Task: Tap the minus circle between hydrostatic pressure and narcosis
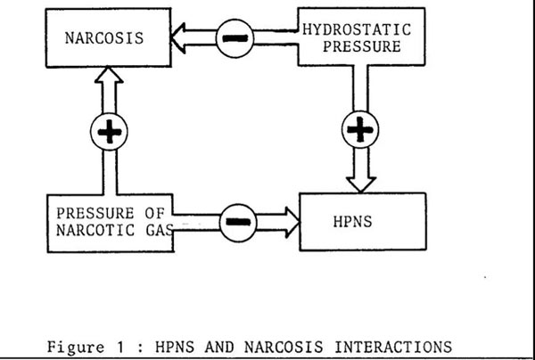[234, 39]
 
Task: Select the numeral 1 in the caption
[120, 346]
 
